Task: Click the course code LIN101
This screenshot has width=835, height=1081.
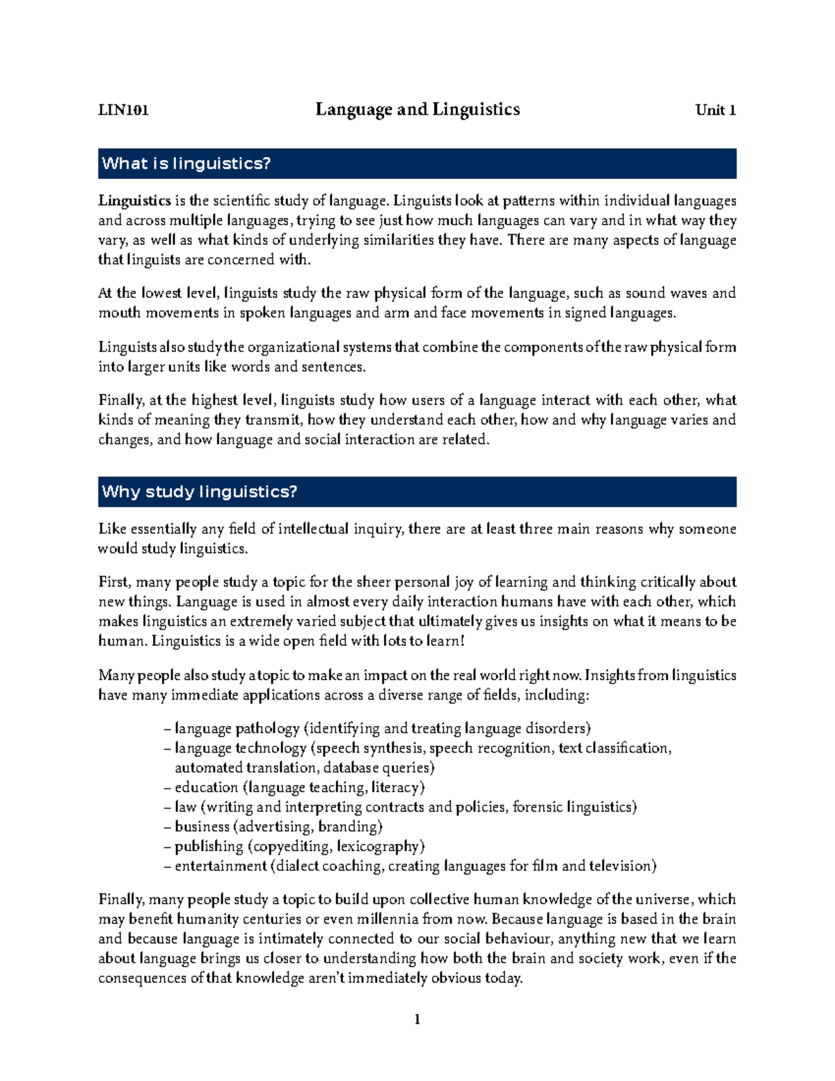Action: point(123,110)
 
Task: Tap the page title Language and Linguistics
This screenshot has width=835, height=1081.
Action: point(417,109)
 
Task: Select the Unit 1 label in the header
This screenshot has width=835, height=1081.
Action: point(715,110)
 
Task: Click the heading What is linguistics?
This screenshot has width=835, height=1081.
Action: point(186,164)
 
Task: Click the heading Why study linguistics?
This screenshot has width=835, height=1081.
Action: point(199,491)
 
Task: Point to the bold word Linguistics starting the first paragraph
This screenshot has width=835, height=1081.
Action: point(134,200)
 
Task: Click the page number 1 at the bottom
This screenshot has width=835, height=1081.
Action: point(417,1020)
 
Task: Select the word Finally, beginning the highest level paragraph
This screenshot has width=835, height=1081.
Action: point(121,400)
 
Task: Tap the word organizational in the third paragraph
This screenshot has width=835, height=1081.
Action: point(292,347)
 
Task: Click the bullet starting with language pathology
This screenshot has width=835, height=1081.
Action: point(376,729)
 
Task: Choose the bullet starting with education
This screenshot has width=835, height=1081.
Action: point(295,787)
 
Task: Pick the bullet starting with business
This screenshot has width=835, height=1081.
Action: point(273,827)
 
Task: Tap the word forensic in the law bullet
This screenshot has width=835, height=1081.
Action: point(537,807)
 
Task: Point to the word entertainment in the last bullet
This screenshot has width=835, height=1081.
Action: point(221,866)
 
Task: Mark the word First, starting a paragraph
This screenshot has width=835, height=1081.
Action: point(114,582)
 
